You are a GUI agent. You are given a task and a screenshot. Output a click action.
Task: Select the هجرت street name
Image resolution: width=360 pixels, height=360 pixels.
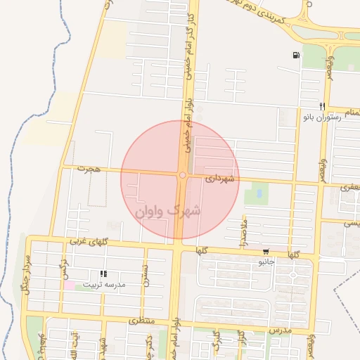click(91, 169)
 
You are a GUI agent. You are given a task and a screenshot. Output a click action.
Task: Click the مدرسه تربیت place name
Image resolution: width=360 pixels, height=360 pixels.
click(104, 285)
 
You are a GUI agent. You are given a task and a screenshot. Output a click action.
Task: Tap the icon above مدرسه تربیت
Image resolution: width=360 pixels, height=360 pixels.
click(103, 274)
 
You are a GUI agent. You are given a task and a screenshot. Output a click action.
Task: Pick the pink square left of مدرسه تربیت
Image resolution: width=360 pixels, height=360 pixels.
click(69, 285)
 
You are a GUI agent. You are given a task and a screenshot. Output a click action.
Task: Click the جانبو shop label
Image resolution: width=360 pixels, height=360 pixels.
click(265, 262)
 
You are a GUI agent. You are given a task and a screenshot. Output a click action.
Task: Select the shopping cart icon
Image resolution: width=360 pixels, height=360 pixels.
click(265, 252)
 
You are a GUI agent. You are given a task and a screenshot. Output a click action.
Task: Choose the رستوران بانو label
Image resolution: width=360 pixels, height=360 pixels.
click(321, 117)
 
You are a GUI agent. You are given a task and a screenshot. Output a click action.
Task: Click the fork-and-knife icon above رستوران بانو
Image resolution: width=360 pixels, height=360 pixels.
click(321, 106)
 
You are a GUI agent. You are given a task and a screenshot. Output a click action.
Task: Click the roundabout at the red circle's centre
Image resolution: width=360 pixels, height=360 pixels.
click(182, 175)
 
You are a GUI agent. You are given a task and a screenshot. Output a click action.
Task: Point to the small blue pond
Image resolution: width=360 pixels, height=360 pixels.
click(258, 191)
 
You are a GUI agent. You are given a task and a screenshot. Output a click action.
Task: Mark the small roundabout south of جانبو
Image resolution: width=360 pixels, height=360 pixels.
click(292, 275)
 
